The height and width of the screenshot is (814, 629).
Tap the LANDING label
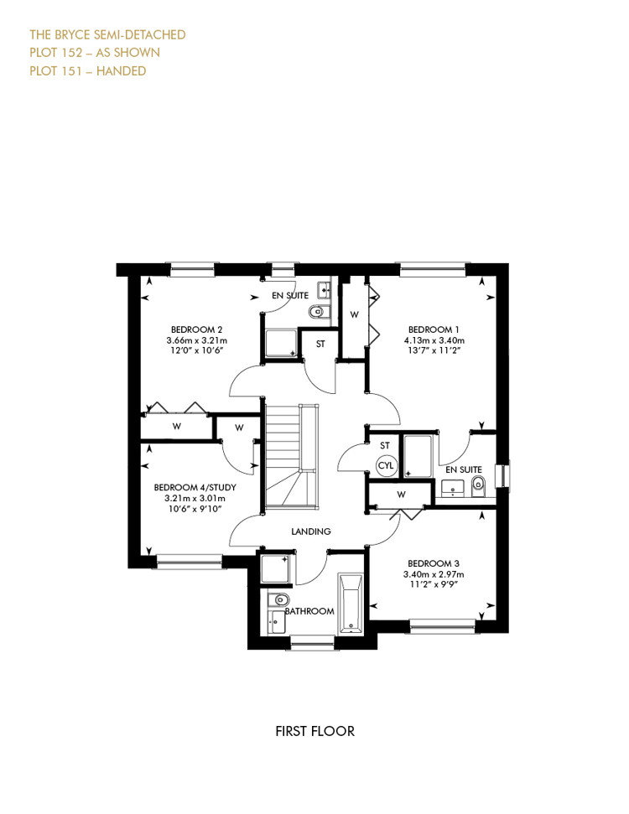pos(310,531)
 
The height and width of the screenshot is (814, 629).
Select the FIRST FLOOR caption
pos(314,732)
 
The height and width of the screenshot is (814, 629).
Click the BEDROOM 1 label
pos(434,329)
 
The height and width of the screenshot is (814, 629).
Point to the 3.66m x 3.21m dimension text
pos(197,340)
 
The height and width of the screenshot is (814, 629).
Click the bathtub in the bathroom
pos(350,604)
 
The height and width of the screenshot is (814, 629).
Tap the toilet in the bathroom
pos(279,599)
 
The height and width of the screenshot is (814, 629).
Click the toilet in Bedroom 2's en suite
pos(316,312)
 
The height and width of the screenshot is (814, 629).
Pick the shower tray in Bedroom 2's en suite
pos(281,344)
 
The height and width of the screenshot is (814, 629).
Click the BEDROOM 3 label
pos(434,564)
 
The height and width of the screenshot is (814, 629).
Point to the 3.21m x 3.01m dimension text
pos(195,498)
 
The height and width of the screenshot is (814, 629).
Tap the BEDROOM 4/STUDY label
pos(195,487)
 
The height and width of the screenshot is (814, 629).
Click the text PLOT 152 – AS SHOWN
pos(95,53)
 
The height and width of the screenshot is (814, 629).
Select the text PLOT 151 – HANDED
pos(88,71)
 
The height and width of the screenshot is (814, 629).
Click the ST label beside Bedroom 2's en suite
pos(320,345)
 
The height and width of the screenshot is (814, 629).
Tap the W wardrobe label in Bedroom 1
pos(354,314)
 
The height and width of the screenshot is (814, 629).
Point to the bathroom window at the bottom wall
pos(312,643)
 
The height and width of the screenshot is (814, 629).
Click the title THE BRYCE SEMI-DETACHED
pos(107,34)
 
